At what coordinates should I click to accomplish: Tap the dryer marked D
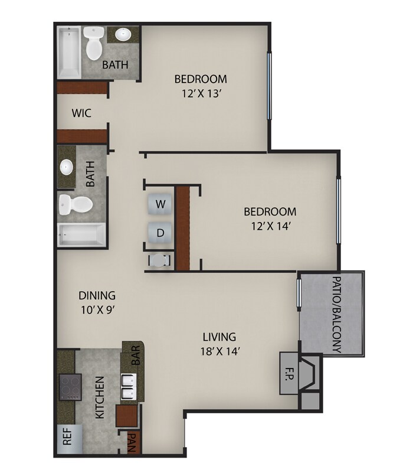click(159, 233)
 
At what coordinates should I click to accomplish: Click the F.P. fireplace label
click(290, 373)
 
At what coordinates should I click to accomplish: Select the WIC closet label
click(81, 113)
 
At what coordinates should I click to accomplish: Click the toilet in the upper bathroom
click(93, 43)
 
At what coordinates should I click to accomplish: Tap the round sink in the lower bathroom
click(67, 167)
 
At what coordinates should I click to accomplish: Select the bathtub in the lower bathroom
click(81, 236)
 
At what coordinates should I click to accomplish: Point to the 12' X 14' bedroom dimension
click(270, 225)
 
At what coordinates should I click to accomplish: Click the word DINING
click(97, 296)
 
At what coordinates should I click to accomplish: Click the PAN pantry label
click(132, 442)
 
